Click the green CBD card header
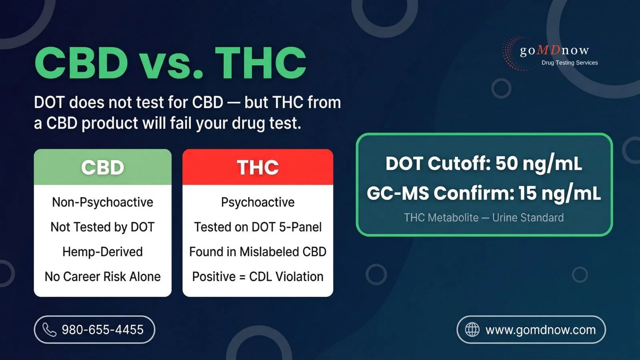click(x=102, y=167)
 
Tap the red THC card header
click(x=258, y=167)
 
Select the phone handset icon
click(x=49, y=330)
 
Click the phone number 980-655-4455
click(x=102, y=330)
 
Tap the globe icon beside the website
click(x=472, y=330)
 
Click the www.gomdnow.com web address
click(x=540, y=330)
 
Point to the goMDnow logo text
click(x=554, y=50)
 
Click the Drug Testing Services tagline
click(x=569, y=62)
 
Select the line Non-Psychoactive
click(x=102, y=202)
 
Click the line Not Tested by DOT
click(x=102, y=227)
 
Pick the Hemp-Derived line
click(x=102, y=252)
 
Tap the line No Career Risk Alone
click(x=102, y=277)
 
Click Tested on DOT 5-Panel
click(x=258, y=227)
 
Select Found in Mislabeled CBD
click(x=258, y=252)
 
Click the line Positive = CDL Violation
click(x=258, y=277)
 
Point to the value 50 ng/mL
click(x=538, y=163)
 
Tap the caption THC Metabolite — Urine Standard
click(x=484, y=217)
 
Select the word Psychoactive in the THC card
click(x=258, y=202)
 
